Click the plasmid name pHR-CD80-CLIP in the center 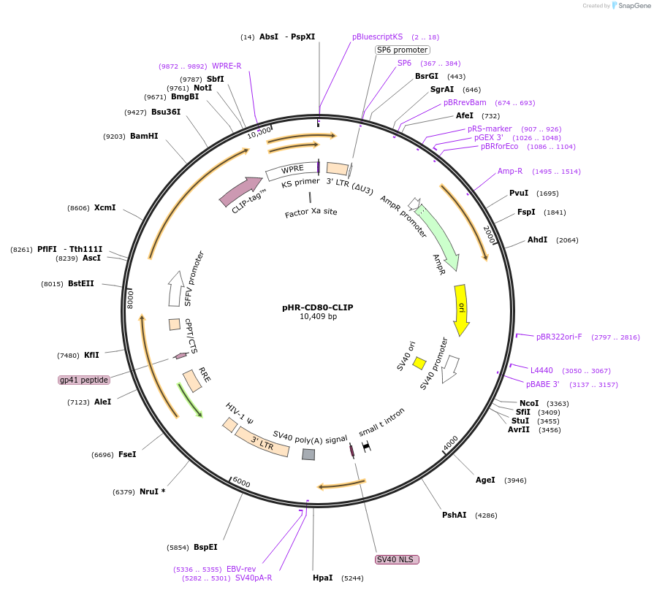coord(317,307)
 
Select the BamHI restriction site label coord(144,136)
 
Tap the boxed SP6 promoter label coord(402,50)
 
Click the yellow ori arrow coord(461,310)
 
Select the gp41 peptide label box coord(84,380)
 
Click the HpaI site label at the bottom coord(322,578)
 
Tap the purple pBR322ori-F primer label coord(559,337)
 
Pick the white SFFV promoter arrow coord(175,288)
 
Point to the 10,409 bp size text coord(318,317)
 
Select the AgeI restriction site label coord(485,480)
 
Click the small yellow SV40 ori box coord(419,363)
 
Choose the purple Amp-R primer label coord(510,172)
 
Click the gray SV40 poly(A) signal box coord(308,454)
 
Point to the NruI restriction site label coord(152,491)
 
